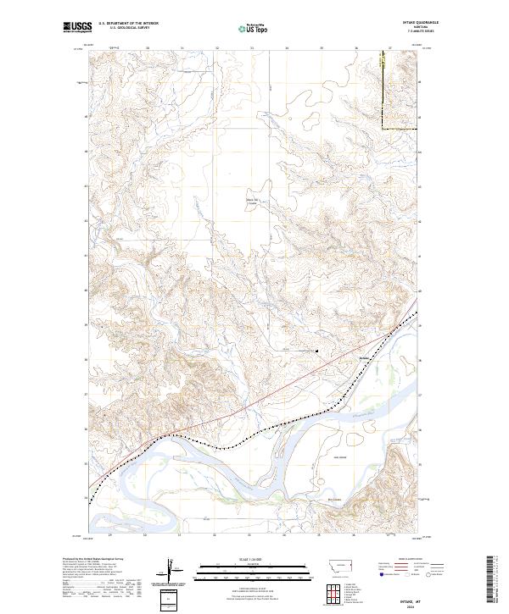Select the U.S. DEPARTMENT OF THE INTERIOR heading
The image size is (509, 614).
tap(128, 23)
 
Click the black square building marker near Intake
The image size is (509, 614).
tap(317, 351)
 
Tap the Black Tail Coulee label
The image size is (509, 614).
tap(250, 202)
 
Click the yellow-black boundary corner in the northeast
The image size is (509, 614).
tap(382, 129)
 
